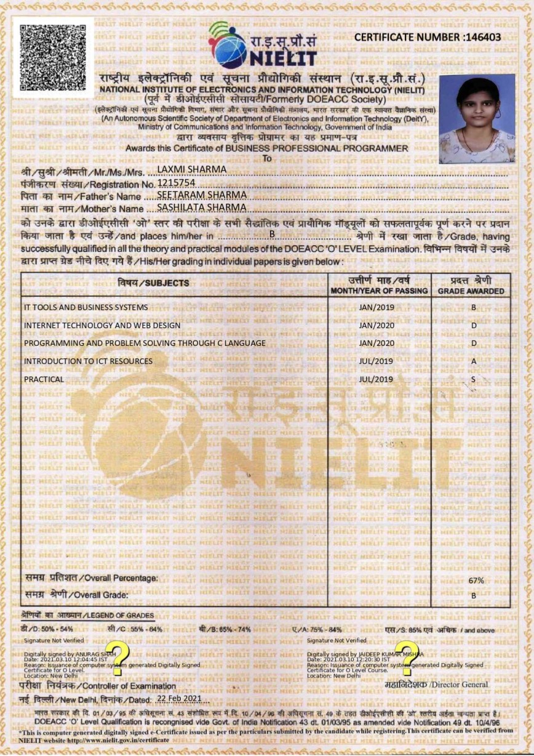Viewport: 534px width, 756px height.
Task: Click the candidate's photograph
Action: coord(477,119)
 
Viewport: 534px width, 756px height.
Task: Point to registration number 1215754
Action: coord(176,183)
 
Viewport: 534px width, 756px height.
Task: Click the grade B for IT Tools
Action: coord(473,307)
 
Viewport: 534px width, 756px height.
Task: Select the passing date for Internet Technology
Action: coord(376,325)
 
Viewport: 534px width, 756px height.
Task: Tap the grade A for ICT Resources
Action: coord(473,361)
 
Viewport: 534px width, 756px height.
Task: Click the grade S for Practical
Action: coord(473,379)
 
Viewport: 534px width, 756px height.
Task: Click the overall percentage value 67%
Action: coord(476,580)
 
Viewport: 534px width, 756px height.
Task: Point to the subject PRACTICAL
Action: coord(44,379)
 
